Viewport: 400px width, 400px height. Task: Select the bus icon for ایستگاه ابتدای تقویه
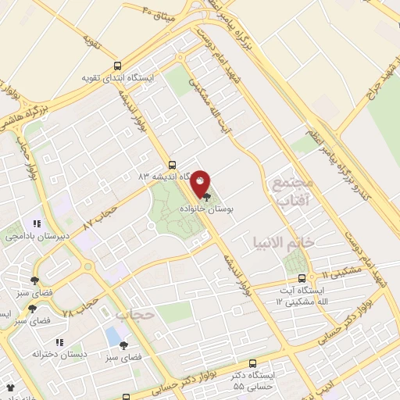coord(117,66)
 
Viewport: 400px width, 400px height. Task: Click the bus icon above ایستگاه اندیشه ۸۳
coord(173,165)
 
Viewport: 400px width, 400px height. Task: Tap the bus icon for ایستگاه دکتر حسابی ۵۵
coord(252,363)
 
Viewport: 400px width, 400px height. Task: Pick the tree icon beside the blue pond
coord(123,345)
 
